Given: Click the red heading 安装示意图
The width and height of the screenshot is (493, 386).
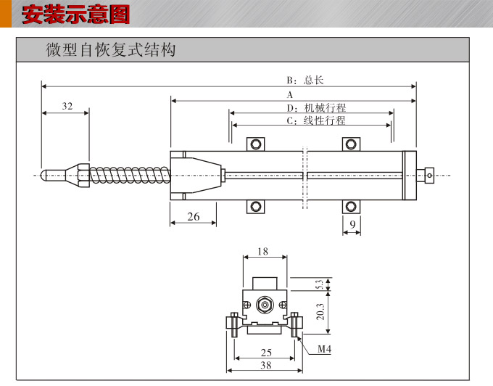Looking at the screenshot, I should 76,14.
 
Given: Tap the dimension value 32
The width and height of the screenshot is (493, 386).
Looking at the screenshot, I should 67,106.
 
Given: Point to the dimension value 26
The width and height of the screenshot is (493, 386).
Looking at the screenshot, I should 194,216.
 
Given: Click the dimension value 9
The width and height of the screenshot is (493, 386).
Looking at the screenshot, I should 352,225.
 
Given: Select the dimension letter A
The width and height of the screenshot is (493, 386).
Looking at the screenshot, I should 289,95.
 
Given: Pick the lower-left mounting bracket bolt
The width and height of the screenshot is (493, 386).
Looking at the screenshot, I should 256,207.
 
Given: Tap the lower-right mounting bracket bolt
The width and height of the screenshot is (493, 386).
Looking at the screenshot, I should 352,207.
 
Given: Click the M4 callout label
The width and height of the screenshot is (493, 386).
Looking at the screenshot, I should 324,350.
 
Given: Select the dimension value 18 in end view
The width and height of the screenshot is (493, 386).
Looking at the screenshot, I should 262,252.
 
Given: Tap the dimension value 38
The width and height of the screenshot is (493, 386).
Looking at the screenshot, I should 265,366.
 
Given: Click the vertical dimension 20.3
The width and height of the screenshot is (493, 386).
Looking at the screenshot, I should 320,312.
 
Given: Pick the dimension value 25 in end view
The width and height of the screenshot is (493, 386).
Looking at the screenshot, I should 265,353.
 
